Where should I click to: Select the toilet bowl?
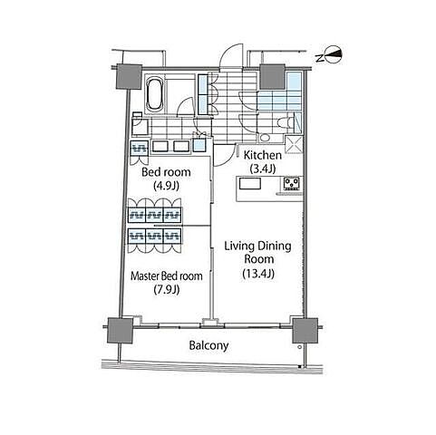[x=285, y=122]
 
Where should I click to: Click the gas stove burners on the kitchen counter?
[x=292, y=184]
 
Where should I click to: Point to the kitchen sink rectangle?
[x=250, y=184]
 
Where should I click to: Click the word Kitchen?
[x=263, y=155]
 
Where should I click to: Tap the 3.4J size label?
[x=263, y=169]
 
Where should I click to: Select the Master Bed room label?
[x=167, y=275]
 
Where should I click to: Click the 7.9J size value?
[x=167, y=289]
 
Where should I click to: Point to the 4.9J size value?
[x=166, y=185]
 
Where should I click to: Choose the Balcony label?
[x=208, y=345]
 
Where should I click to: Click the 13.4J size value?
[x=258, y=274]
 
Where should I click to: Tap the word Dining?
[x=276, y=246]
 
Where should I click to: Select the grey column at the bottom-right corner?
[x=305, y=330]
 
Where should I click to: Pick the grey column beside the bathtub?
[x=129, y=77]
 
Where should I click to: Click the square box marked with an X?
[x=294, y=144]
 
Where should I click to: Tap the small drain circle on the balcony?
[x=299, y=347]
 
